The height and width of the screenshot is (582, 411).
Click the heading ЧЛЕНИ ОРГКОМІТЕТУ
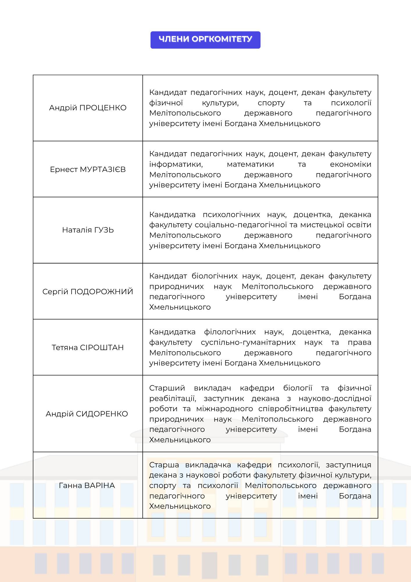tap(205, 39)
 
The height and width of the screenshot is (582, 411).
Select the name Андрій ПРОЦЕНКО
tap(88, 108)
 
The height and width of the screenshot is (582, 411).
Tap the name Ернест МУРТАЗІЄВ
tap(88, 169)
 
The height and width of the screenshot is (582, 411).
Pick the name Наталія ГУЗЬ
tap(88, 230)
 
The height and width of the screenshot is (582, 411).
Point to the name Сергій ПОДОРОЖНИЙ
tap(88, 292)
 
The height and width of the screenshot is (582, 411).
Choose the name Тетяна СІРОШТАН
tap(88, 347)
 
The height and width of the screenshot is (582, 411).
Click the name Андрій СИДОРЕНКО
tap(87, 414)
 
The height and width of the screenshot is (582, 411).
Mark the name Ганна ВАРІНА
tap(87, 485)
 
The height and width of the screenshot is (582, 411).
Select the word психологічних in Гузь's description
tap(231, 215)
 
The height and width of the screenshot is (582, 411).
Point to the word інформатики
tap(176, 164)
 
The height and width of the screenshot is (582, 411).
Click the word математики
tap(250, 164)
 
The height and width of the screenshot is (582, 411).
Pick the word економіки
tap(351, 164)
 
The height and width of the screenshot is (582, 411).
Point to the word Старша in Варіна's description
tap(164, 465)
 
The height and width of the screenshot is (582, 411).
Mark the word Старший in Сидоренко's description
tap(167, 388)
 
